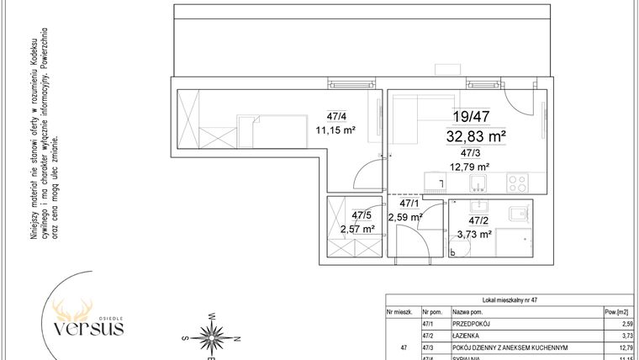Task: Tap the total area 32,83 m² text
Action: point(475,135)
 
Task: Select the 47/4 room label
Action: point(335,117)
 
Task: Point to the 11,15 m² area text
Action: point(335,130)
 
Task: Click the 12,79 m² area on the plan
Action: point(472,166)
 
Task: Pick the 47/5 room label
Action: point(362,215)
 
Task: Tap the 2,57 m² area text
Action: point(357,228)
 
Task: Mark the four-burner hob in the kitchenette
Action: point(517,182)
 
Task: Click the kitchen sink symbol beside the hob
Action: point(479,182)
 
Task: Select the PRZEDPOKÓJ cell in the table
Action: point(473,323)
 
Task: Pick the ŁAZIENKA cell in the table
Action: point(468,334)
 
